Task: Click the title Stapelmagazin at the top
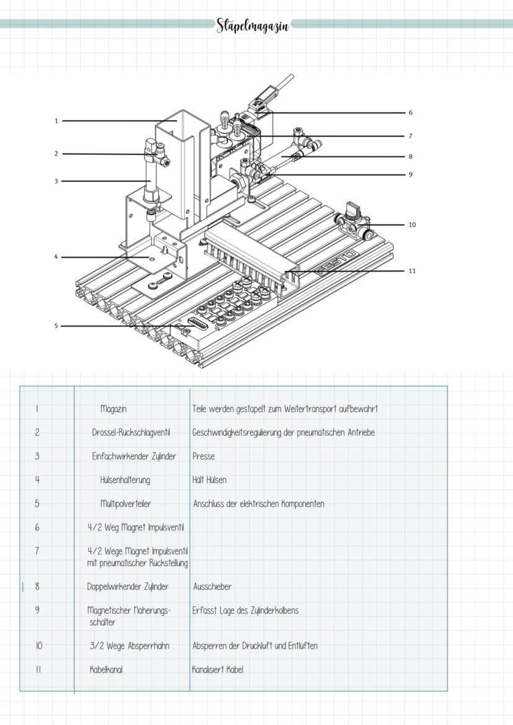[x=252, y=26]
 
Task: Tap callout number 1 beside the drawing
[x=56, y=121]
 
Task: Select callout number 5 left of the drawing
[x=56, y=326]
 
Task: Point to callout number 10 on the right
[x=412, y=225]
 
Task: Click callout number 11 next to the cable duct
[x=412, y=271]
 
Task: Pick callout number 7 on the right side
[x=410, y=136]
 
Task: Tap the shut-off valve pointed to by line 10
[x=352, y=221]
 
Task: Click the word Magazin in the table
[x=113, y=409]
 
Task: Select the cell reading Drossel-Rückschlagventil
[x=131, y=432]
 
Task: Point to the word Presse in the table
[x=203, y=456]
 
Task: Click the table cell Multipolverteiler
[x=125, y=504]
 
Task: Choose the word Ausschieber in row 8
[x=212, y=587]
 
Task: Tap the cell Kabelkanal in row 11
[x=106, y=670]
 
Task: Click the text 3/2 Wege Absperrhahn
[x=129, y=646]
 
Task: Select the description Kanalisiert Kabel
[x=217, y=670]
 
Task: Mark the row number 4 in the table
[x=37, y=479]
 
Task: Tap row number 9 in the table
[x=37, y=610]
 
